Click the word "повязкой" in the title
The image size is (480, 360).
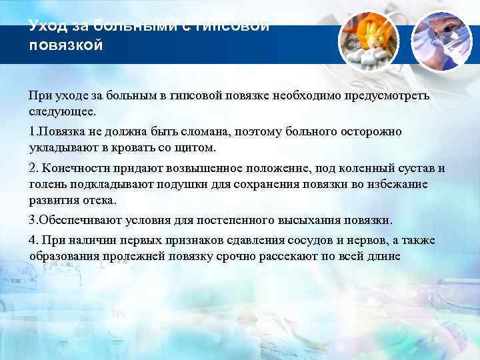66,46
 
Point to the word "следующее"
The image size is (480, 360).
65,110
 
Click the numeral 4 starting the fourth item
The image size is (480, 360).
33,240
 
